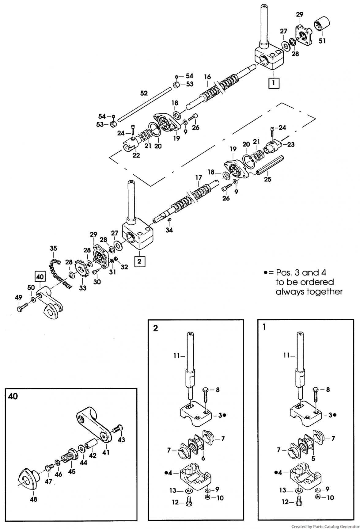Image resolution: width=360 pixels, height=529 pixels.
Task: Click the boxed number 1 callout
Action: pyautogui.click(x=274, y=83)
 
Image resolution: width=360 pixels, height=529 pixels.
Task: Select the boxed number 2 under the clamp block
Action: pyautogui.click(x=140, y=261)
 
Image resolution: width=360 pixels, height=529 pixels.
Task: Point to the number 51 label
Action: pyautogui.click(x=322, y=41)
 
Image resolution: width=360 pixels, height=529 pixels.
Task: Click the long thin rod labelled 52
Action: pyautogui.click(x=144, y=104)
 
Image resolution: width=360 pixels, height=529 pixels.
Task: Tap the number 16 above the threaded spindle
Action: pyautogui.click(x=207, y=77)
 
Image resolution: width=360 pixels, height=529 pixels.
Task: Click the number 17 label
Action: pyautogui.click(x=199, y=177)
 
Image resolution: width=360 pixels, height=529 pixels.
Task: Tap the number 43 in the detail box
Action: pyautogui.click(x=121, y=440)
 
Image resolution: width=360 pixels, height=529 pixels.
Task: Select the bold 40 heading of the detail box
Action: pyautogui.click(x=13, y=396)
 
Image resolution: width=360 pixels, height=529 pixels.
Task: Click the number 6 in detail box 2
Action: pyautogui.click(x=203, y=458)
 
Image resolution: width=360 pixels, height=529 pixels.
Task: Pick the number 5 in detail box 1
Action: pyautogui.click(x=313, y=459)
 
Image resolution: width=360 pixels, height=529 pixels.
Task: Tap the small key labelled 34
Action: pyautogui.click(x=169, y=220)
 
